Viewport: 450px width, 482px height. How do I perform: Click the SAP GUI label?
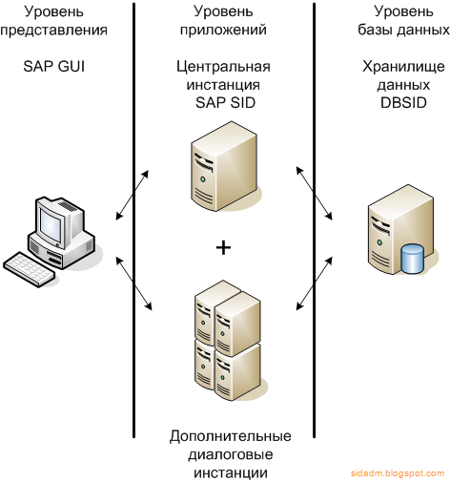coord(54,67)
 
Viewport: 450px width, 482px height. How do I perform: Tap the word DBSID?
coord(403,103)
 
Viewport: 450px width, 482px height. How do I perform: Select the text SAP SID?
coord(225,103)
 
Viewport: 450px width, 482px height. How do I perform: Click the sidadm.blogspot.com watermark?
coord(398,473)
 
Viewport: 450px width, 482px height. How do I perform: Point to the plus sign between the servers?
coord(223,248)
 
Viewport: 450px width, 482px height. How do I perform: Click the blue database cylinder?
coord(413,259)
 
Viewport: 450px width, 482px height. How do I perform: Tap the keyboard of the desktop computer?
coord(29,270)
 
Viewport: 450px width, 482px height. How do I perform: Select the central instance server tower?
coord(224,166)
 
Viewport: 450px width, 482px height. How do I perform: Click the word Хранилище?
coord(403,67)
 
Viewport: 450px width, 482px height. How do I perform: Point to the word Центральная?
coord(223,67)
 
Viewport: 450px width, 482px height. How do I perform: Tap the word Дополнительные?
coord(231,436)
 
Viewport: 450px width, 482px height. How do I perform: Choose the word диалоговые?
coord(231,454)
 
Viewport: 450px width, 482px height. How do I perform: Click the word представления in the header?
coord(54,31)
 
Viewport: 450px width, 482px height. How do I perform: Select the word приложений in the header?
coord(223,31)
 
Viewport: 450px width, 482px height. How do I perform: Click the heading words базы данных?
coord(403,30)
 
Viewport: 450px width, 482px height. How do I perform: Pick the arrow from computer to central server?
coord(133,195)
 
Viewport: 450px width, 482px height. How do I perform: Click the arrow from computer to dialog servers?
coord(133,283)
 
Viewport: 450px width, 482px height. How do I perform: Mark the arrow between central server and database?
coord(314,193)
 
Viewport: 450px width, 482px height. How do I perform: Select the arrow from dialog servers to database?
coord(314,283)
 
